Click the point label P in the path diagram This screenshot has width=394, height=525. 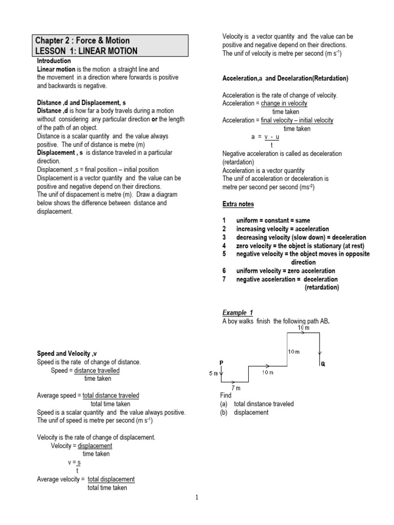pyautogui.click(x=222, y=362)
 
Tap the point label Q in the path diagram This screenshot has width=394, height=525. pyautogui.click(x=323, y=364)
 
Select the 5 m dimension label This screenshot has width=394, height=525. pyautogui.click(x=213, y=374)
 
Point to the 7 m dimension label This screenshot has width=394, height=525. pyautogui.click(x=235, y=388)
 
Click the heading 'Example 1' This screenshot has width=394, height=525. pyautogui.click(x=238, y=313)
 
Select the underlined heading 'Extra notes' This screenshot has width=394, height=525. pyautogui.click(x=238, y=204)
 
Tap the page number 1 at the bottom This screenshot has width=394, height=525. pyautogui.click(x=196, y=497)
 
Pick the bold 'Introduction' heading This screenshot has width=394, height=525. pyautogui.click(x=54, y=60)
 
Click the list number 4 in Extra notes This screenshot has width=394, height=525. pyautogui.click(x=224, y=246)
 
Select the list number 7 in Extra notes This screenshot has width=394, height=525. pyautogui.click(x=224, y=279)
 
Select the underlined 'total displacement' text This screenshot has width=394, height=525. pyautogui.click(x=111, y=479)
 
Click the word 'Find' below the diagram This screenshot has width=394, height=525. pyautogui.click(x=226, y=396)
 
